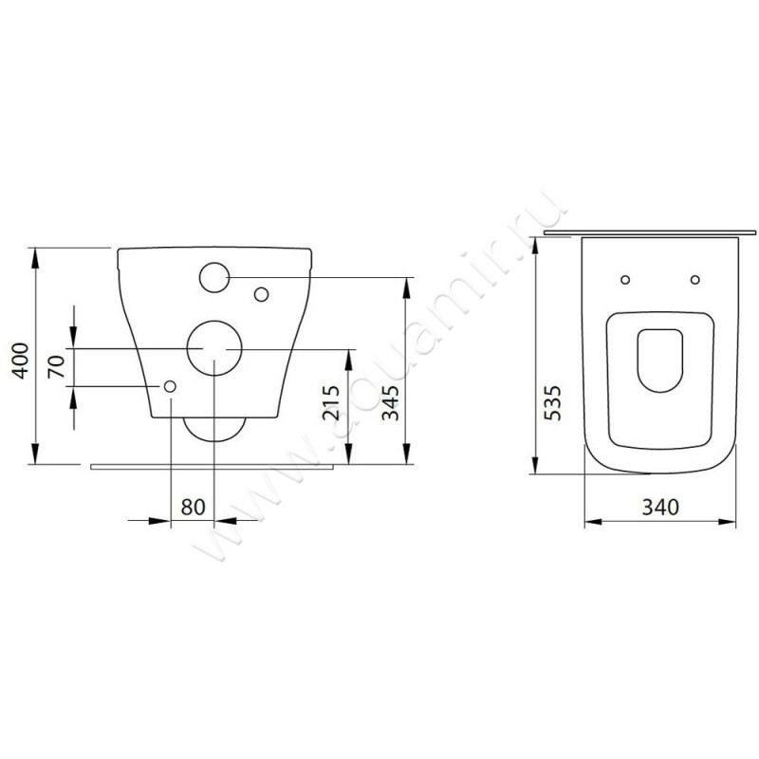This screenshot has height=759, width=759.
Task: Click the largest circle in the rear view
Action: coord(213,347)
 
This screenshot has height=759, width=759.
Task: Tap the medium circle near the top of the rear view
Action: coord(214,276)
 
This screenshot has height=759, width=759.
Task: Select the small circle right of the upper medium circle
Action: coord(261,294)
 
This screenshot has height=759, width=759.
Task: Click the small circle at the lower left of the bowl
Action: coord(170,386)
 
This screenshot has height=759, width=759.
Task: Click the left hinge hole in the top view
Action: coord(624,280)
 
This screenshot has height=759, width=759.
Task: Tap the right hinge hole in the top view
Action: coord(695,280)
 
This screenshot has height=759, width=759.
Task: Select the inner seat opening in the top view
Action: coord(659,361)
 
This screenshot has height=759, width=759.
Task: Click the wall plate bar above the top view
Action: coord(651,231)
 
